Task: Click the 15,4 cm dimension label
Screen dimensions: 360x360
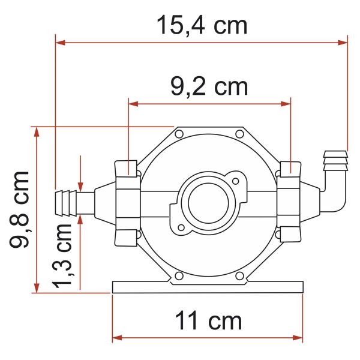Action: (x=202, y=25)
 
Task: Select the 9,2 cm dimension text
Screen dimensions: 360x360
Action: (x=209, y=87)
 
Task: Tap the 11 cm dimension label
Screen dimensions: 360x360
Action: (x=208, y=321)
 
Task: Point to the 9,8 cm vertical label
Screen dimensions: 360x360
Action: (x=19, y=209)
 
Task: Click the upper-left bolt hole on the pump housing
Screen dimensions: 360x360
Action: (x=179, y=134)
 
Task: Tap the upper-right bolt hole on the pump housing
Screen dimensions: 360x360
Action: (x=239, y=134)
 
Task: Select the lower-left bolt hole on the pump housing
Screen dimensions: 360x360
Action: (x=179, y=276)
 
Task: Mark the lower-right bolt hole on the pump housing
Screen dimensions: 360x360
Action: (x=239, y=276)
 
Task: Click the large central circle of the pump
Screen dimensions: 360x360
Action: (x=208, y=203)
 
